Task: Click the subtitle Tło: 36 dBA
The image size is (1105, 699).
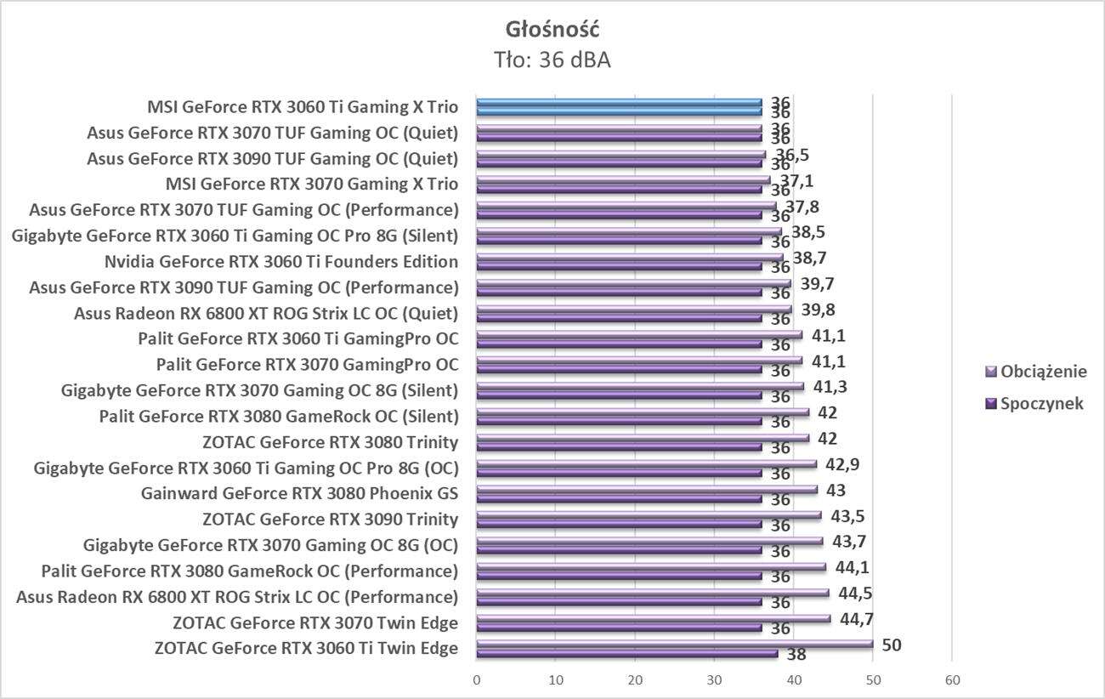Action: coord(552,60)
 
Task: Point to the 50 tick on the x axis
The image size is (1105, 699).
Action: coord(873,680)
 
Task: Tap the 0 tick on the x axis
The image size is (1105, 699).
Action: coord(477,680)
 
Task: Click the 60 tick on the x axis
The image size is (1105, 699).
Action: coord(952,680)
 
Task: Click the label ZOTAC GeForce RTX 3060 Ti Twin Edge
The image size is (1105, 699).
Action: coord(306,648)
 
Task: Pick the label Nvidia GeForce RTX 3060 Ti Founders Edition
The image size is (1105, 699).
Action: coord(281,261)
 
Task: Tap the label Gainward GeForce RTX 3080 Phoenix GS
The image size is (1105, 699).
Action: coord(300,493)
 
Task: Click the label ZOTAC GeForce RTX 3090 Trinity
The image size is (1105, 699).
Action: coord(331,519)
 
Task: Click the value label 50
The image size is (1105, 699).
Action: coord(891,645)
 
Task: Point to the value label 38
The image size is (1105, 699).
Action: coord(796,655)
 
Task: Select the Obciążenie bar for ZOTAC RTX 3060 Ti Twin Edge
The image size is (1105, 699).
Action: coord(675,645)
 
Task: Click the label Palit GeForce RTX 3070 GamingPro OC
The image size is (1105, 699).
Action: coord(307,365)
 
